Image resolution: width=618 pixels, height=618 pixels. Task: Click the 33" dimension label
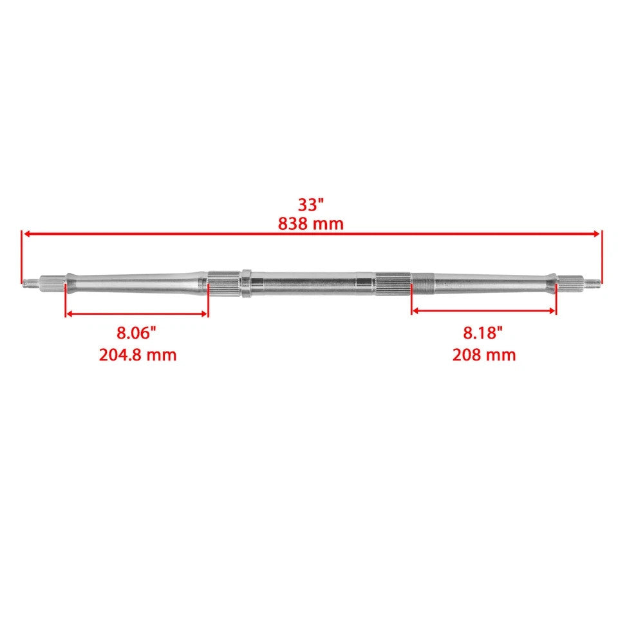(x=310, y=205)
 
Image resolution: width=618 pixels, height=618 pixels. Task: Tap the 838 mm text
(x=310, y=224)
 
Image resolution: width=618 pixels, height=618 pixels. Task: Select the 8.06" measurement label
(x=136, y=333)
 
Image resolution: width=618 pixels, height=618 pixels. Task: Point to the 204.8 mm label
(x=138, y=355)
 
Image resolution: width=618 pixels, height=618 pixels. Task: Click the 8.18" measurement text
(x=483, y=333)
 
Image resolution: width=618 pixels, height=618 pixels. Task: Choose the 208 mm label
(x=484, y=355)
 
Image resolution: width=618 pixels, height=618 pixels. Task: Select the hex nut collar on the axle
(x=247, y=283)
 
